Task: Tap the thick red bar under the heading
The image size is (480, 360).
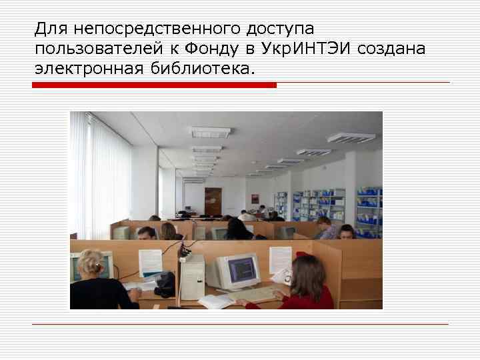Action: point(154,85)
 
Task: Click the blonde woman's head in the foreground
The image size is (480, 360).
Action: point(91,263)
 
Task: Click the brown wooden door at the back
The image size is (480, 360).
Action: point(213,202)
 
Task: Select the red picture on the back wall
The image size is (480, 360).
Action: point(255,199)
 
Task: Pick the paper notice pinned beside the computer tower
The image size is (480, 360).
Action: point(151,261)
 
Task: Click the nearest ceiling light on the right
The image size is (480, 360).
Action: point(351,138)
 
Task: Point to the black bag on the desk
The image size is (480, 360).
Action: point(164,285)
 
